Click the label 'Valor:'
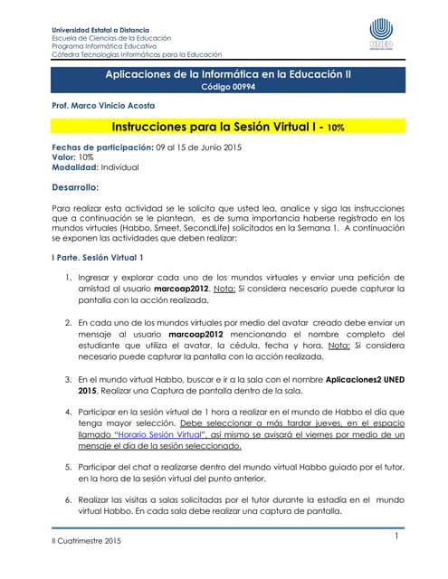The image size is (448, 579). coord(67,157)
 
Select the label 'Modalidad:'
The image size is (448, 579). coord(80,168)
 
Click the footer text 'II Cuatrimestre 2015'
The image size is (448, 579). coord(83,541)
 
